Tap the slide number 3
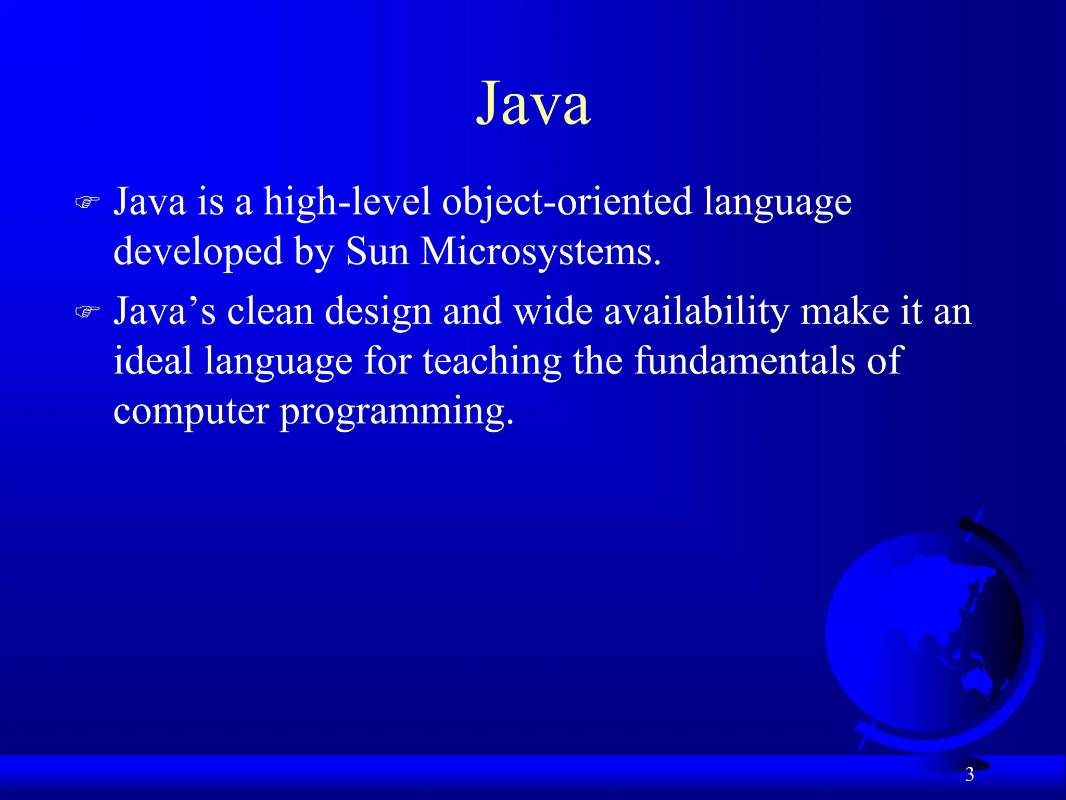pos(969,774)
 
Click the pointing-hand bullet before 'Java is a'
pos(87,202)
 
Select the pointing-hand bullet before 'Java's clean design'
pos(87,311)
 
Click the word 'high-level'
pos(347,202)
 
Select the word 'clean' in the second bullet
pos(270,311)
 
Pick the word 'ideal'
pos(153,360)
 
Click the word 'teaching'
pos(492,361)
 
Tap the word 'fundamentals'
pos(744,360)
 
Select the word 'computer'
pos(191,411)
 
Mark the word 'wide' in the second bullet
pos(553,311)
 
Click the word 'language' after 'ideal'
pos(278,361)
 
